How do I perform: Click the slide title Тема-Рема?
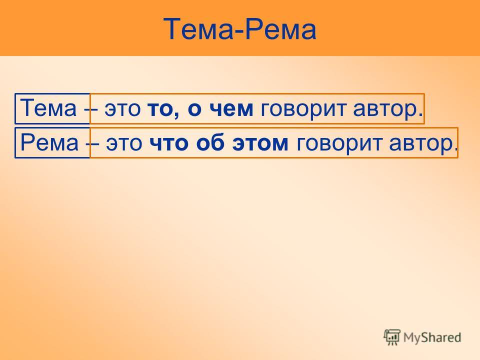pos(239,29)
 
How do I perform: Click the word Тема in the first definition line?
pos(48,108)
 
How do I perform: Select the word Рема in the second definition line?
pos(49,142)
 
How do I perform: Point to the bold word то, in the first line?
pos(163,109)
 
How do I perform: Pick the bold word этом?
pos(260,143)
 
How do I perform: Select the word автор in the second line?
pos(420,144)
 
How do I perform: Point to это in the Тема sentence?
pos(122,109)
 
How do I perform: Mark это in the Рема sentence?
pos(124,143)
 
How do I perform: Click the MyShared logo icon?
pos(392,337)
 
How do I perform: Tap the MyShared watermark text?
pos(432,337)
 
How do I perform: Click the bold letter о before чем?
pos(194,109)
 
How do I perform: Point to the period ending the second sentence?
pos(455,149)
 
